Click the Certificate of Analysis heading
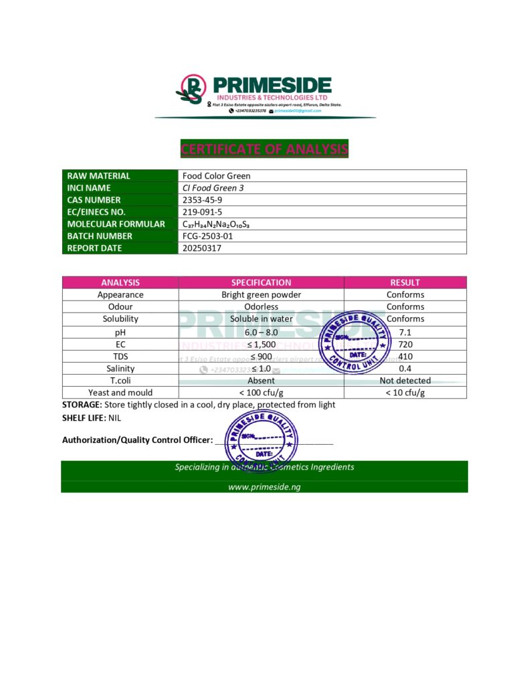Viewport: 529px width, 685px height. tap(264, 149)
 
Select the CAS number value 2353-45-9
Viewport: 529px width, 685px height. tap(199, 200)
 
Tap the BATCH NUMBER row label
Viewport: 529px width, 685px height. tap(100, 236)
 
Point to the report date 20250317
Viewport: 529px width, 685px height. tap(202, 248)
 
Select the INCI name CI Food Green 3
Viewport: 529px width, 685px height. tap(213, 188)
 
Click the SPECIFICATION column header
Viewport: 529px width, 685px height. tap(261, 282)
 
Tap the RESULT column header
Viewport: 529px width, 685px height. tap(405, 282)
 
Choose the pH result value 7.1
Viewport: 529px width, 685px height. tap(405, 332)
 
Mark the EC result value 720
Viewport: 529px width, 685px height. tap(405, 345)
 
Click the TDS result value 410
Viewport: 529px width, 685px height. tap(405, 357)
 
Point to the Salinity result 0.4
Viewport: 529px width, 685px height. tap(405, 369)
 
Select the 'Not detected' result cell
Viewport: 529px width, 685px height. tap(405, 381)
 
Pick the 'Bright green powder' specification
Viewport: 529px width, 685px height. tap(261, 295)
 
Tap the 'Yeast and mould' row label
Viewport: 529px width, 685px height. tap(120, 393)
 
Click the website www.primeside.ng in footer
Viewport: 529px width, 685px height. tap(264, 487)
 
